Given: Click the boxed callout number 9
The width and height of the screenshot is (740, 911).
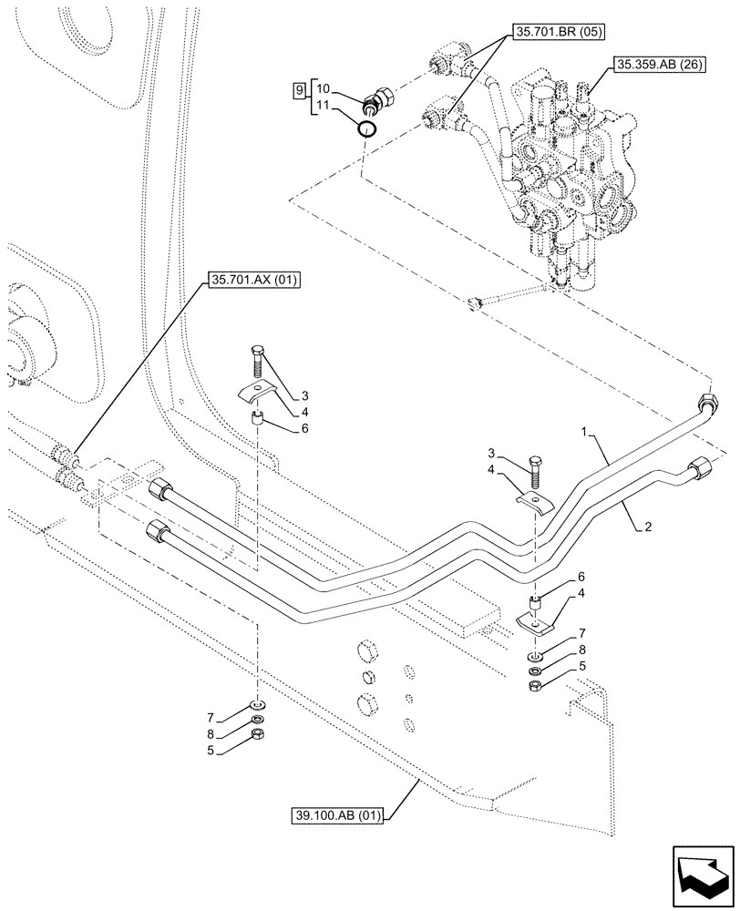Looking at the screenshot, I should point(298,90).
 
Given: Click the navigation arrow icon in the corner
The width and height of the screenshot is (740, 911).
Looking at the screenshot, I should point(703,874).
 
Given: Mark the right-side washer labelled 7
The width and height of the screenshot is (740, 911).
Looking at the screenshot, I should point(536,657).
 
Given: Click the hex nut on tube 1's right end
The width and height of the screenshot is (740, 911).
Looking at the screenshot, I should point(706,403).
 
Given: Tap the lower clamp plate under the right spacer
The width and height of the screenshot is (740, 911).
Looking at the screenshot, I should point(536,623).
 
